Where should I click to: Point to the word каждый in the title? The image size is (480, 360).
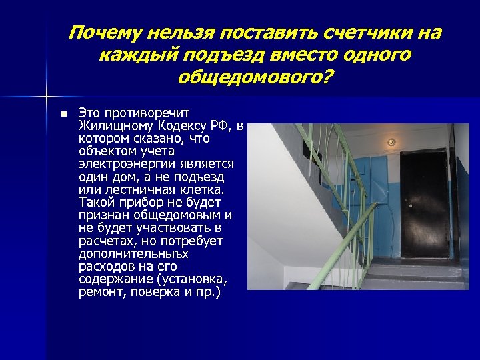pos(133,55)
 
